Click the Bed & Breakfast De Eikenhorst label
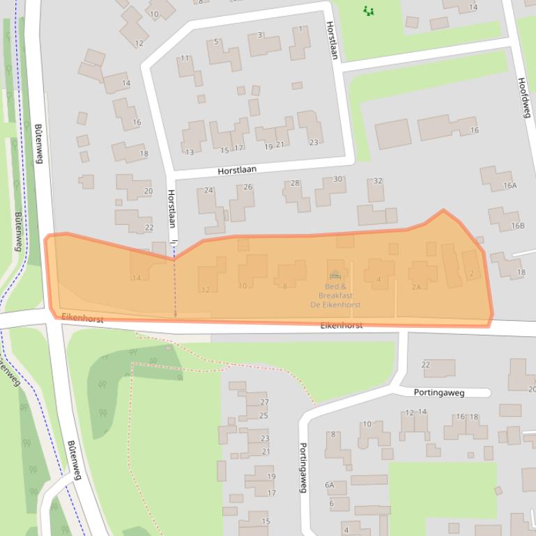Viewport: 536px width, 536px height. [x=335, y=296]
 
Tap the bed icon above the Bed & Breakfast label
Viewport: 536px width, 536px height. [x=335, y=274]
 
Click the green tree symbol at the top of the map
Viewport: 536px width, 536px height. [x=369, y=10]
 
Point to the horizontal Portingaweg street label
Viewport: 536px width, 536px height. [x=438, y=393]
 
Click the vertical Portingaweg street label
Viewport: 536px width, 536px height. [x=303, y=468]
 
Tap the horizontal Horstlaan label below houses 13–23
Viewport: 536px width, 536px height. [x=237, y=169]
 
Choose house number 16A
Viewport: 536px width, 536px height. [x=510, y=185]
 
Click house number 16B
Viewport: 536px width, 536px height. [x=517, y=226]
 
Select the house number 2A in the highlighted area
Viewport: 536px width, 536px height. [x=416, y=287]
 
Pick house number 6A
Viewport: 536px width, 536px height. [x=329, y=485]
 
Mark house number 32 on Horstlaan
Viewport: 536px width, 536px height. [x=378, y=181]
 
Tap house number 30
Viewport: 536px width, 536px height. [x=338, y=179]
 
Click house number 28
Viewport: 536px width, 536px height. [x=295, y=183]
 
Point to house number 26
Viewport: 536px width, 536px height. [x=247, y=187]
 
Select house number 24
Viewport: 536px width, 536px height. [x=208, y=190]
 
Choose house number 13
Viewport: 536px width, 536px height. [x=189, y=152]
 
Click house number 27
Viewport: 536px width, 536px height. [x=264, y=402]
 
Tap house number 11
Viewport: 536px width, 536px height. [x=185, y=58]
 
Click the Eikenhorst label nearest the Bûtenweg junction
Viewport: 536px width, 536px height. [x=82, y=318]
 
